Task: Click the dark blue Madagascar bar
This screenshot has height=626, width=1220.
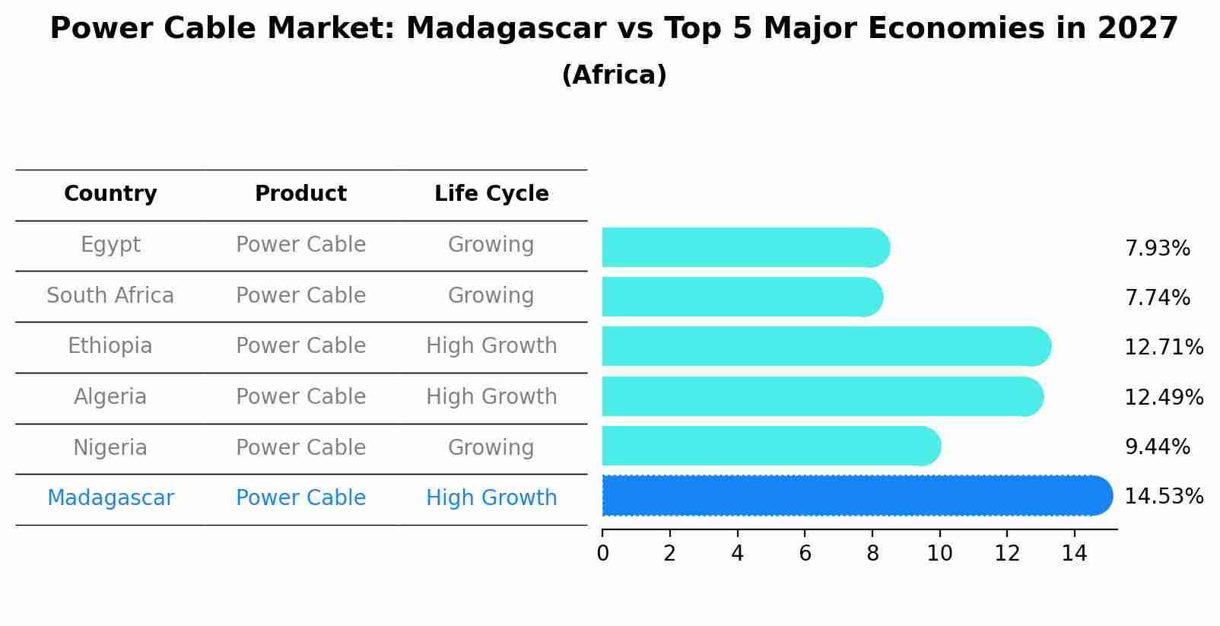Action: tap(856, 496)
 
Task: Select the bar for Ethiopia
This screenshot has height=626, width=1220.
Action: tap(825, 347)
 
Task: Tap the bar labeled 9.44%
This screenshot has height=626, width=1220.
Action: tap(770, 446)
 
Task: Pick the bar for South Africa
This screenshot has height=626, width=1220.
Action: tap(742, 297)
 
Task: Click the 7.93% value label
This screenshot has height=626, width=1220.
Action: tap(1157, 249)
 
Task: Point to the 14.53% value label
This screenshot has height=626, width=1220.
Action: tap(1163, 497)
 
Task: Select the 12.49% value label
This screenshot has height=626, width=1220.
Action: tap(1163, 397)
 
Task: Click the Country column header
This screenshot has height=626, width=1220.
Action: tap(110, 194)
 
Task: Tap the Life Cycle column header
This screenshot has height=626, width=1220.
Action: tap(491, 194)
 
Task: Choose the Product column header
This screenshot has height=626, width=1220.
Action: tap(300, 194)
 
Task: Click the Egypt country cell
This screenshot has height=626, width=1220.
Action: tap(110, 245)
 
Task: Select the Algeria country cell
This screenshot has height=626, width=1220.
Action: tap(110, 397)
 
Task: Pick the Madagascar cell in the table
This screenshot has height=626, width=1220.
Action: tap(110, 498)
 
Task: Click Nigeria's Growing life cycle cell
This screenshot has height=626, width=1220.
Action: tap(491, 447)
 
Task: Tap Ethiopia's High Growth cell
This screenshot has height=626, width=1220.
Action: tap(491, 346)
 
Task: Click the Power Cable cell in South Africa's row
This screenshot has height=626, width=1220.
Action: tap(300, 295)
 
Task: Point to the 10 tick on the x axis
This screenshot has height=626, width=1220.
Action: tap(939, 554)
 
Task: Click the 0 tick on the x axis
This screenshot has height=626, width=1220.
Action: tap(602, 554)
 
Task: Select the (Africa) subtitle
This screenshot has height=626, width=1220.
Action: tap(614, 75)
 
